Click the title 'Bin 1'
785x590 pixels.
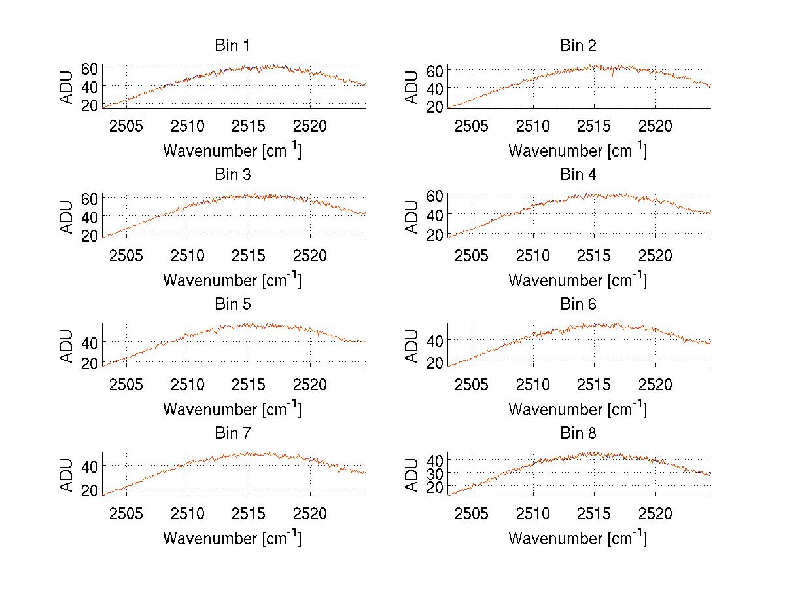tap(232, 46)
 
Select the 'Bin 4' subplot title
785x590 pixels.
tap(578, 175)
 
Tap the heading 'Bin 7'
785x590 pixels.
tap(232, 433)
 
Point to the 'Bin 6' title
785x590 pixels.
tap(578, 304)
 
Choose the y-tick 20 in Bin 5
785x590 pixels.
tap(90, 363)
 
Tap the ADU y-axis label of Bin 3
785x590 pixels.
tap(67, 216)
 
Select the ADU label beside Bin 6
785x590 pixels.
tap(412, 345)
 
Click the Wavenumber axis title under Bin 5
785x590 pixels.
tap(232, 409)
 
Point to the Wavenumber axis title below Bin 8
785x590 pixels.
tap(578, 538)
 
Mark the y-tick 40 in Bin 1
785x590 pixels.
tap(90, 86)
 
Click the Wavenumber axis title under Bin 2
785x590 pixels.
tap(578, 151)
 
